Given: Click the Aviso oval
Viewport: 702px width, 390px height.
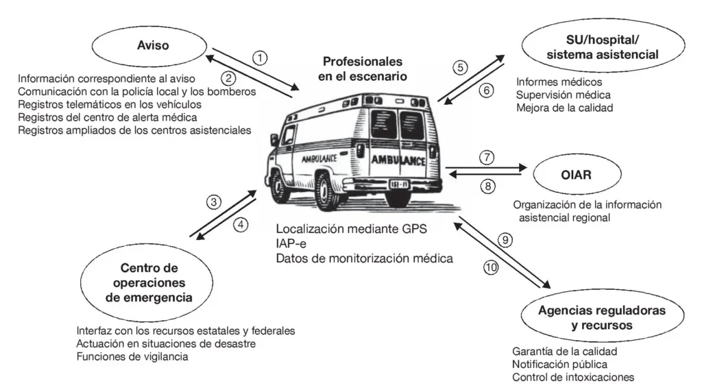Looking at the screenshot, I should click(x=153, y=46).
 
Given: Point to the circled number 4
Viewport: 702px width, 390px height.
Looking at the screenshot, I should click(x=239, y=224).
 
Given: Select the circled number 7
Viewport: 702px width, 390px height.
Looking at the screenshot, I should click(x=485, y=157).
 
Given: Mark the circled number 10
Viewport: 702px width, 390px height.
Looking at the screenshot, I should click(x=491, y=268).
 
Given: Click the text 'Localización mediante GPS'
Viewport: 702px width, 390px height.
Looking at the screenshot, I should click(x=351, y=228).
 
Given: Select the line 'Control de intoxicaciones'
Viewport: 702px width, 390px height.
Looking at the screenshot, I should click(x=573, y=377).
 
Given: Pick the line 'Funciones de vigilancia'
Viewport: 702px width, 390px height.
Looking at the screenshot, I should click(x=132, y=356).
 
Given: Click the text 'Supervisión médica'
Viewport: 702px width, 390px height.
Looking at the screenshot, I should click(x=564, y=95).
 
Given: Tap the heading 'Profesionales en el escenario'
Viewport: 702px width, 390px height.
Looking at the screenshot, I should click(x=362, y=69).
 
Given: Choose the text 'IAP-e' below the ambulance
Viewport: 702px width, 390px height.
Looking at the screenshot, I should click(x=291, y=243).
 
